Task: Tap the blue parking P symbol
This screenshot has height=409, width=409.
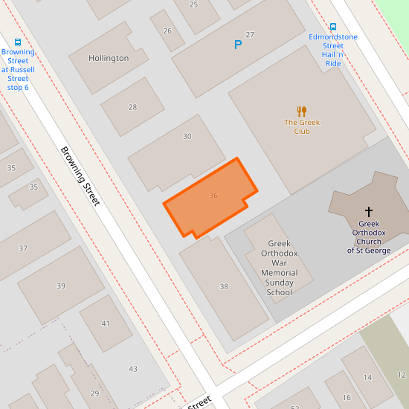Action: [x=238, y=45]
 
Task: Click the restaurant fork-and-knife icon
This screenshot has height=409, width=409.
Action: [x=301, y=112]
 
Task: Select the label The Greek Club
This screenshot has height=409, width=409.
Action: [x=301, y=126]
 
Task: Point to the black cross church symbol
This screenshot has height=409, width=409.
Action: [x=368, y=212]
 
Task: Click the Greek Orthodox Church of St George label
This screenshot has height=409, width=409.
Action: [x=368, y=236]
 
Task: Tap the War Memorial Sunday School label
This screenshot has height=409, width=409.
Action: [x=280, y=268]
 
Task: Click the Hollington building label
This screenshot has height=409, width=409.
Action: [x=109, y=58]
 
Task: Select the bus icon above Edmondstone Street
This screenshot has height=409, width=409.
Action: [x=332, y=27]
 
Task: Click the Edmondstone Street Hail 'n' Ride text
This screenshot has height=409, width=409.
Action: [x=332, y=50]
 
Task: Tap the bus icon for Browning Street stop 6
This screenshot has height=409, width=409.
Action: [x=18, y=42]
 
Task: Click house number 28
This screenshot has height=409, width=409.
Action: [x=132, y=107]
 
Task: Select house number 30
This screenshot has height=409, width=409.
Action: [x=187, y=136]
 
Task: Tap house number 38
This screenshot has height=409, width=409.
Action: [x=224, y=286]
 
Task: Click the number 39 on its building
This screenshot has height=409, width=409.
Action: [x=61, y=286]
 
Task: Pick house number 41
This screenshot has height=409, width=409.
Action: [x=106, y=323]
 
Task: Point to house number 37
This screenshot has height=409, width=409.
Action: [x=23, y=248]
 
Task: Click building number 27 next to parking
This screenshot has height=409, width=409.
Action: [x=250, y=35]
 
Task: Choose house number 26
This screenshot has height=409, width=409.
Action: [x=167, y=30]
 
